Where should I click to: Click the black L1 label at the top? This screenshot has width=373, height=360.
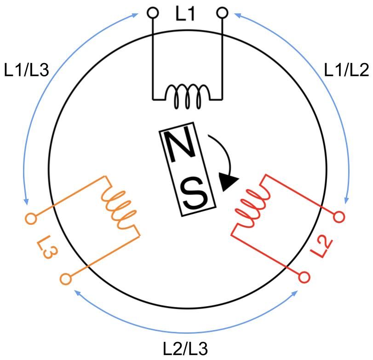coord(185,14)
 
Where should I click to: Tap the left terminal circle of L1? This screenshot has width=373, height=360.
coord(153,12)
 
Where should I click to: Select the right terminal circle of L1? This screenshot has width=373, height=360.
coord(222,12)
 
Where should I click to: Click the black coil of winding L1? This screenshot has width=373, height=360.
coord(188,96)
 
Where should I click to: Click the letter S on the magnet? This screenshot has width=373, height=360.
coord(194,193)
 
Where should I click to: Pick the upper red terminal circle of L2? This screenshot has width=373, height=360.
coord(339,217)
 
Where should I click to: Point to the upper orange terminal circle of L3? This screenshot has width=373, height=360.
coord(31,218)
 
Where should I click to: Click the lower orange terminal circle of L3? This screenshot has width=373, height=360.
coord(66,279)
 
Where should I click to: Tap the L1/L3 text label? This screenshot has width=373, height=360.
coord(26,70)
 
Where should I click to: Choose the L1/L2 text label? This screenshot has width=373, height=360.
coord(347,70)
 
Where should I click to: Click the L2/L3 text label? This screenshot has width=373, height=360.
coord(185,349)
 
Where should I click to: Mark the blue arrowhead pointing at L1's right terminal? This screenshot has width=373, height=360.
coord(237,15)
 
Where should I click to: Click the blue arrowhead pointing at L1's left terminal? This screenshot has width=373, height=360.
coord(135,16)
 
